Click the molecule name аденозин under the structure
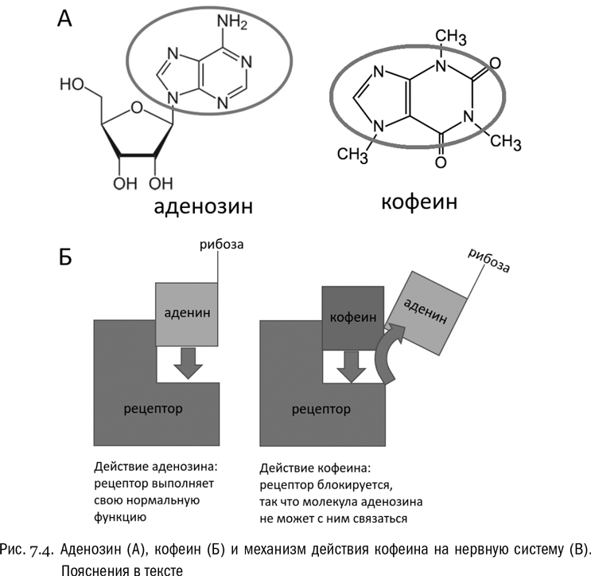pyautogui.click(x=204, y=207)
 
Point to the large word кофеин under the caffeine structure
pyautogui.click(x=418, y=202)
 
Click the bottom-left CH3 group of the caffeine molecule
pyautogui.click(x=352, y=154)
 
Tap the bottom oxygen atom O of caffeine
pyautogui.click(x=441, y=163)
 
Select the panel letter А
pyautogui.click(x=66, y=19)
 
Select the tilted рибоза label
pyautogui.click(x=488, y=261)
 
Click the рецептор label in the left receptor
pyautogui.click(x=154, y=409)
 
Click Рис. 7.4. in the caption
pyautogui.click(x=29, y=550)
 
